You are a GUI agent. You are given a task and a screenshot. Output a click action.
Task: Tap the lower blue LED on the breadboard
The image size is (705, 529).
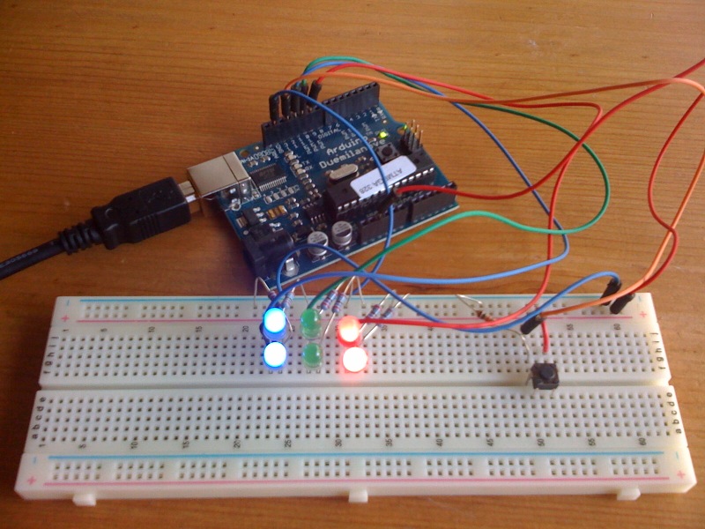coord(275,355)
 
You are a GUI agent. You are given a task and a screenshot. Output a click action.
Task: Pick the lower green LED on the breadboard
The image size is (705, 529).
coord(311,355)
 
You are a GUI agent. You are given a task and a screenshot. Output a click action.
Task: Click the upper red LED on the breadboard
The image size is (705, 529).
coord(349,329)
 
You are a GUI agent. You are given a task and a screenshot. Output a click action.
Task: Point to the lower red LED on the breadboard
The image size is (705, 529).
coord(354,360)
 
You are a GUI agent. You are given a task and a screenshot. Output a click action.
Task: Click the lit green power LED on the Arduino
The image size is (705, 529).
coord(387,134)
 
